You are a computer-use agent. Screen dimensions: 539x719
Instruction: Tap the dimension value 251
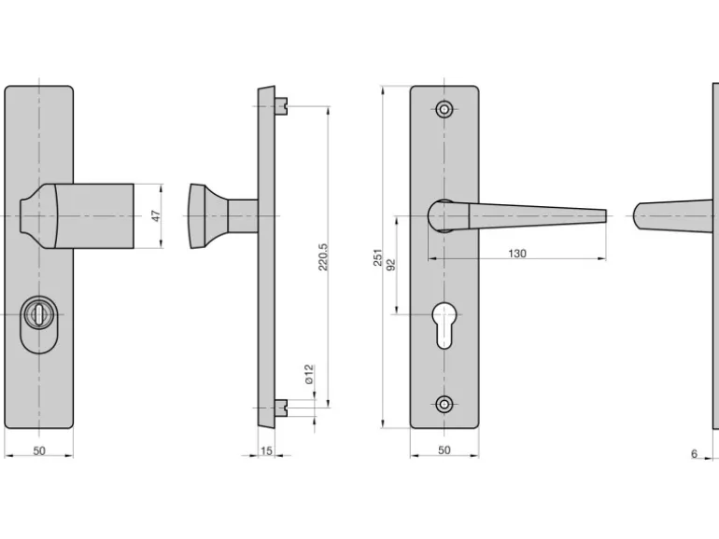pos(378,257)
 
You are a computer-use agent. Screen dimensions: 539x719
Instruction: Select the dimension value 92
pos(391,266)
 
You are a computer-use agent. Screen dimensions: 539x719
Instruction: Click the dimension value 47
pos(157,215)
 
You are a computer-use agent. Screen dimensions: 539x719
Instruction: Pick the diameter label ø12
pos(308,375)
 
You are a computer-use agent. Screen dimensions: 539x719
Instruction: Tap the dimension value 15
pos(267,451)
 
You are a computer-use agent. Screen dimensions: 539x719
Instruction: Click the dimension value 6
pos(694,453)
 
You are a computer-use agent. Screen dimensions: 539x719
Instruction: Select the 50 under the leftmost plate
pos(39,451)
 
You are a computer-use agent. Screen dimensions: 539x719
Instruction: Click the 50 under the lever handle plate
pos(444,451)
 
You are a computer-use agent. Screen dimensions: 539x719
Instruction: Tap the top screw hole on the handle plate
pos(444,109)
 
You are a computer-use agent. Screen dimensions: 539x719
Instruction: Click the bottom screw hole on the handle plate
pos(444,404)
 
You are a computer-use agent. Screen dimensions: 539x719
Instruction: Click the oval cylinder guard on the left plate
pos(38,325)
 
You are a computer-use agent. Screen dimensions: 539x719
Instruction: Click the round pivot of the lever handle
pos(442,215)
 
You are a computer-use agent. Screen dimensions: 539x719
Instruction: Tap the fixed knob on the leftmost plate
pos(79,215)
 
